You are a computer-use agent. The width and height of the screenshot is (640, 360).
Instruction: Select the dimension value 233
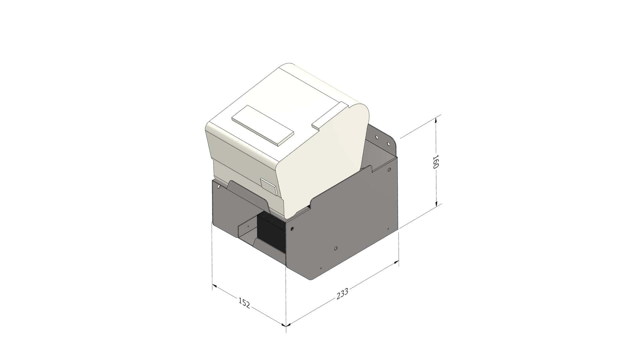[x=342, y=293]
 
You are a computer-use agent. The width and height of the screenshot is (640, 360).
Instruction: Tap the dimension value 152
[x=244, y=303]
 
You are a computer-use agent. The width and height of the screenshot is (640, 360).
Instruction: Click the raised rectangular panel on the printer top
[x=263, y=125]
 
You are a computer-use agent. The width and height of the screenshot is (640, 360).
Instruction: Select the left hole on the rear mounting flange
[x=377, y=137]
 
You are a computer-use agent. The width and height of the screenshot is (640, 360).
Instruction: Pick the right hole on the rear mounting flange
[x=388, y=144]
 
